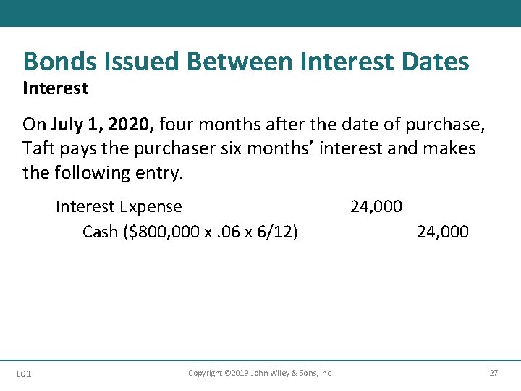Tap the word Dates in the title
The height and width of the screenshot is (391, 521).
pos(435,62)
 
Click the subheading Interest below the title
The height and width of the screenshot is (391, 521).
pos(55,88)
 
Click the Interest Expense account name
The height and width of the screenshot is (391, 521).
pos(119,207)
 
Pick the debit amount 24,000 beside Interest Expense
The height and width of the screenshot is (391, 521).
pos(376,207)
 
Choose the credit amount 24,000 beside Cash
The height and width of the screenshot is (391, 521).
pos(443,232)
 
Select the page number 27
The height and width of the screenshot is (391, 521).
pos(494,373)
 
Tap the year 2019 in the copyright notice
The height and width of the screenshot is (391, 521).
pos(238,373)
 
